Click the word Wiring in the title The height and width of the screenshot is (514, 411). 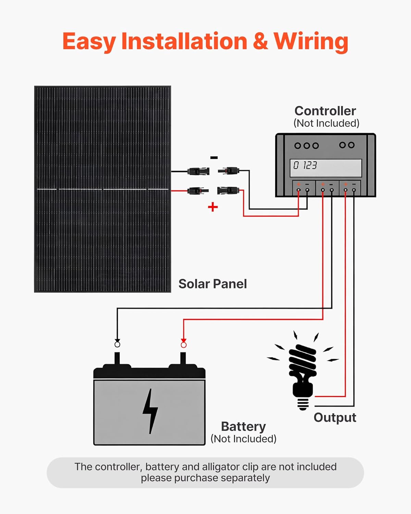click(311, 41)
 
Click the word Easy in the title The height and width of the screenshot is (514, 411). click(89, 41)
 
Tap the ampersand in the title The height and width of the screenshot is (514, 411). click(260, 41)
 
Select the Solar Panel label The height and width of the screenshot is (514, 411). click(212, 284)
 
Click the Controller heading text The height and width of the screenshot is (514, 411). click(325, 111)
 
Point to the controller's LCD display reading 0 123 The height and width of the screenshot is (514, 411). click(326, 168)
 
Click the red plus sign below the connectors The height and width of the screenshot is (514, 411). click(213, 207)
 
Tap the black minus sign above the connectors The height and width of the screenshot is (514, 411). click(214, 158)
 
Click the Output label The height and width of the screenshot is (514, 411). click(335, 417)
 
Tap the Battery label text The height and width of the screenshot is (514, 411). click(243, 426)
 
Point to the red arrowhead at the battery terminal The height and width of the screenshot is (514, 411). click(184, 341)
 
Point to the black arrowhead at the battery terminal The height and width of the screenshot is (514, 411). click(117, 341)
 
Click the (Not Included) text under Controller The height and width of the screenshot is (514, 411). click(326, 123)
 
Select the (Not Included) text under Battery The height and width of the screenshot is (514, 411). click(243, 439)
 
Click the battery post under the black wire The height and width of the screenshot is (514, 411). click(117, 358)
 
